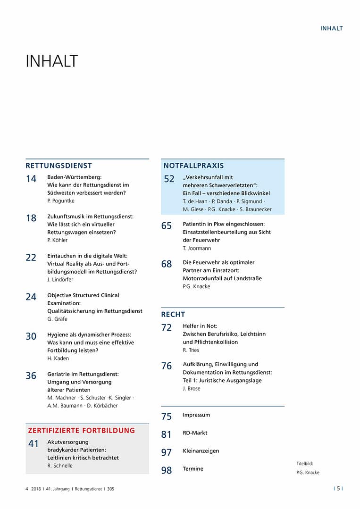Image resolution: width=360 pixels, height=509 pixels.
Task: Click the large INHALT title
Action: [x=51, y=61]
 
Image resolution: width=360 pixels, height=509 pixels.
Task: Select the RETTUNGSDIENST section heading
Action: [x=59, y=166]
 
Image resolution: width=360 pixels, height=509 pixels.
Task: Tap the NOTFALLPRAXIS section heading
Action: [x=193, y=166]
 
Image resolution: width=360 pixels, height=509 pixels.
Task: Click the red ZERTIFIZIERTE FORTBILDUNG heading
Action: [x=81, y=430]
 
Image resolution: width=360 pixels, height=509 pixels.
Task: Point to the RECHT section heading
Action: [x=173, y=314]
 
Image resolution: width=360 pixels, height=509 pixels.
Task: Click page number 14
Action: [x=31, y=179]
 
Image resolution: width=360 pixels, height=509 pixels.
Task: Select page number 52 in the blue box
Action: [x=169, y=179]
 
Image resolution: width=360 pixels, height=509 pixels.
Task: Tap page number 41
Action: [x=33, y=443]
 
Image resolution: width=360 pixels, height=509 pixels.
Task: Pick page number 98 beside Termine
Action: [x=167, y=470]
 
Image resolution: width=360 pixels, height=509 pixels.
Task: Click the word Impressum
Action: [x=196, y=415]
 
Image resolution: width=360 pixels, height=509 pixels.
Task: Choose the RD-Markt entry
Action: [x=195, y=433]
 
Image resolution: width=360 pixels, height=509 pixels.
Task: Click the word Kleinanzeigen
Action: [x=201, y=451]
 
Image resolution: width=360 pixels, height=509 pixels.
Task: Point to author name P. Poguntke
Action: [x=61, y=201]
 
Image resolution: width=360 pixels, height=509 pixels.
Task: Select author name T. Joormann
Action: [x=197, y=248]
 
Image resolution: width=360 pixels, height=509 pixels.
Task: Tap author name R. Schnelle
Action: [x=60, y=466]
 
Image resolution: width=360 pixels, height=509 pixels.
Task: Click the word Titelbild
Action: [x=304, y=464]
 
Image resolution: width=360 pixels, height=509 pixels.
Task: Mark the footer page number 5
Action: [x=338, y=489]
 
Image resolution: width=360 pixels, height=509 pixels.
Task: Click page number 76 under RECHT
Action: [x=167, y=366]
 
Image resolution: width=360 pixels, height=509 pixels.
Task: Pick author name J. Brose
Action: [x=191, y=388]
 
